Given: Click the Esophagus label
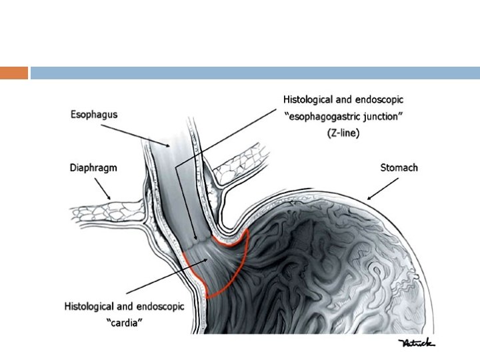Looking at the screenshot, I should click(94, 115).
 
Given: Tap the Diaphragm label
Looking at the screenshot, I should click(94, 168).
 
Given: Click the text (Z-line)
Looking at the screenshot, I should click(343, 133).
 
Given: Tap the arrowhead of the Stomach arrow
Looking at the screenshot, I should click(368, 198).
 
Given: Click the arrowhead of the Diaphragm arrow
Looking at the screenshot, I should click(110, 199).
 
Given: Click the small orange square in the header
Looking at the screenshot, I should click(14, 73).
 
